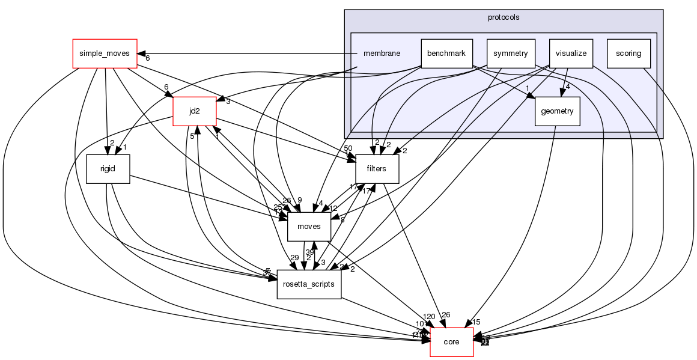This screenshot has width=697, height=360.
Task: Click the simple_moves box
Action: tap(105, 53)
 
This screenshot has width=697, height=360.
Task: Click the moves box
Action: tap(309, 227)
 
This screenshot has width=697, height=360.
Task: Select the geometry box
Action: tap(557, 111)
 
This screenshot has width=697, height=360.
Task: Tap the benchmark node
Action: tap(446, 53)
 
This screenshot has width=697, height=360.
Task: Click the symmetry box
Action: tap(510, 53)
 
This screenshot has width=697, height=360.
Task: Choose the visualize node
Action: tap(571, 53)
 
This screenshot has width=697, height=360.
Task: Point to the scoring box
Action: tap(629, 53)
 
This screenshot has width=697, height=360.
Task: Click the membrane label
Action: tap(382, 53)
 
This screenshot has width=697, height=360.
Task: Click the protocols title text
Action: tap(503, 17)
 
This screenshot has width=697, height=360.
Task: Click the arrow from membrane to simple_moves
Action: tap(240, 53)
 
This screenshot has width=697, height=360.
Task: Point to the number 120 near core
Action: tap(429, 317)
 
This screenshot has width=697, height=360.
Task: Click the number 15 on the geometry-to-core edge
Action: tap(476, 322)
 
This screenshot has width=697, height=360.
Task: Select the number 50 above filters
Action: tap(348, 148)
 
